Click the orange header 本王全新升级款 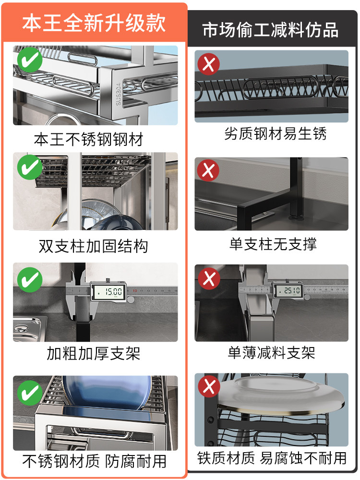tap(94, 23)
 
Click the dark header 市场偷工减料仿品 tap(270, 30)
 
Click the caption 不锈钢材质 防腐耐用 tap(95, 461)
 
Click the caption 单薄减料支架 tap(271, 353)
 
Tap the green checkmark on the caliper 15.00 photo tap(29, 278)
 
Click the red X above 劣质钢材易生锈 tap(208, 63)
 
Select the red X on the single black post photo tap(208, 170)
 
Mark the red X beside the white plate tap(208, 386)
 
